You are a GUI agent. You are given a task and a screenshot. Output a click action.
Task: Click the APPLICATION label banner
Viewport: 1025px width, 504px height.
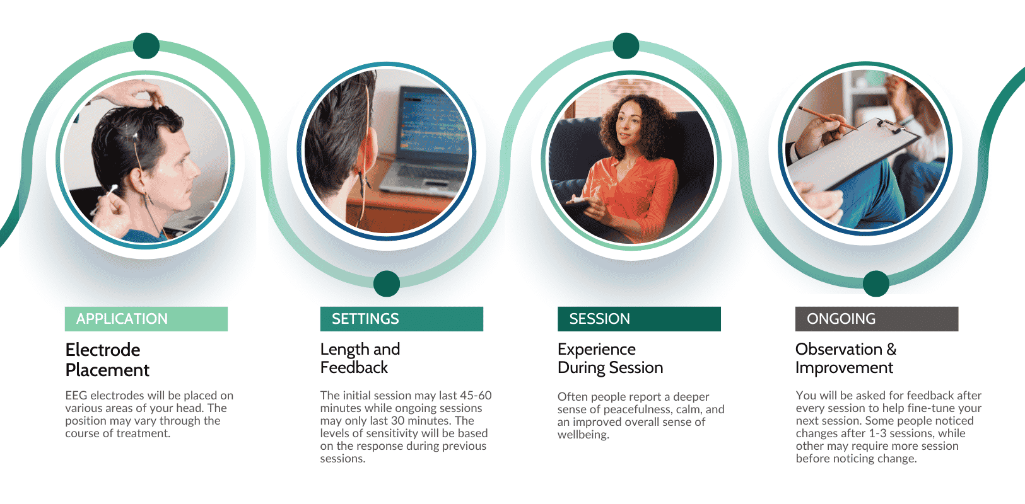pos(146,319)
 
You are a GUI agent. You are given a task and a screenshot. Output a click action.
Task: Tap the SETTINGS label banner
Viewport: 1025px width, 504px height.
pos(401,319)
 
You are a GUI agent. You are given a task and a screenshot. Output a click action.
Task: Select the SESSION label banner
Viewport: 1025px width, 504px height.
pos(638,319)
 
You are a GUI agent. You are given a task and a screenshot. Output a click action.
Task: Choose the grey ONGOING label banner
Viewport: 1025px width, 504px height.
pos(876,319)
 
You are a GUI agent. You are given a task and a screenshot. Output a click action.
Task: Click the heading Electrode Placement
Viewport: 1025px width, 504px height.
pos(107,360)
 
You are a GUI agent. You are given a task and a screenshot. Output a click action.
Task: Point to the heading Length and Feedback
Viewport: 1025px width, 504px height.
pos(360,358)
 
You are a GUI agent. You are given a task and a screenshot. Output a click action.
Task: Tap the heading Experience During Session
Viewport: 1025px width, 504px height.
pos(610,358)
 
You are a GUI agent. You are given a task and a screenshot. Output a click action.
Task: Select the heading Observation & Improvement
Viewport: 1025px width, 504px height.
pos(845,358)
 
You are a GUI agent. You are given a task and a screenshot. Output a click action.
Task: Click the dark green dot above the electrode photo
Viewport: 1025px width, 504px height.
pos(146,46)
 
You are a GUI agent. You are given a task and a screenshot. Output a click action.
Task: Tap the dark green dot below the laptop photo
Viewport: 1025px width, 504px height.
pos(387,283)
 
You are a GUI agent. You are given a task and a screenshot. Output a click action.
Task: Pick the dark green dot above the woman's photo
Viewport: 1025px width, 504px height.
pos(626,46)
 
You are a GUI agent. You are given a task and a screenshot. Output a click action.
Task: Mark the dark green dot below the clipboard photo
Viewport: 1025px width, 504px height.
pos(876,283)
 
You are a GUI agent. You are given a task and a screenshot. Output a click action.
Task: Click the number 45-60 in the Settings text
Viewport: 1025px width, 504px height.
pos(476,396)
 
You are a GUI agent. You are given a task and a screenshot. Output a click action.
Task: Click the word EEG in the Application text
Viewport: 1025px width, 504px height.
pos(76,396)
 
